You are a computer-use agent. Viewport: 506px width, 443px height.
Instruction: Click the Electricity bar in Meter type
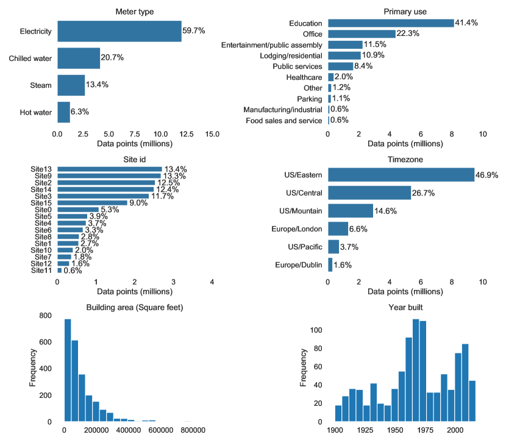[119, 31]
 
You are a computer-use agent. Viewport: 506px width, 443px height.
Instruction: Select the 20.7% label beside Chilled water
[112, 58]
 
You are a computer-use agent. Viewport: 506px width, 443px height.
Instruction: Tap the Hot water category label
[34, 112]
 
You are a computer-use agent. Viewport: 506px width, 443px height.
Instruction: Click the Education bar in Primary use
[391, 23]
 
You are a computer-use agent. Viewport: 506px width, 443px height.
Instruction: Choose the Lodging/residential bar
[344, 55]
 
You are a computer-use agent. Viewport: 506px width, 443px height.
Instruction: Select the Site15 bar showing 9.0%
[92, 203]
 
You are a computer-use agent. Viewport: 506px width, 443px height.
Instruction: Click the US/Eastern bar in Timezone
[401, 175]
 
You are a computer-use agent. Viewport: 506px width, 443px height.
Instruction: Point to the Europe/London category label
[296, 229]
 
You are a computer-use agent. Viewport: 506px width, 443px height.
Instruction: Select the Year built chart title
[405, 307]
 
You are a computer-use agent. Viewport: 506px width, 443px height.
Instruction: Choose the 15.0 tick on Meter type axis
[212, 133]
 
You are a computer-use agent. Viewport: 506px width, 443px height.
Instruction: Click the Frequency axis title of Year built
[304, 369]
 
